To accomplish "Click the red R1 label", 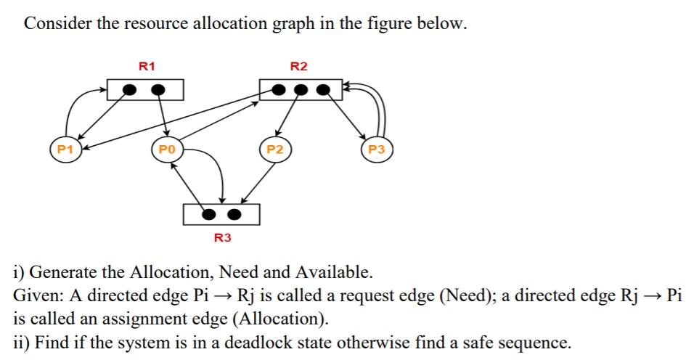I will (x=147, y=66).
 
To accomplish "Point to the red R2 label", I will (x=298, y=66).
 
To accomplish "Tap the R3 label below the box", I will (x=222, y=237).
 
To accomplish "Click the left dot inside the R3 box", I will (x=209, y=215).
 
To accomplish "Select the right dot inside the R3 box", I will (x=234, y=215).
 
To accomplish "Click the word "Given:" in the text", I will (x=36, y=295).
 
